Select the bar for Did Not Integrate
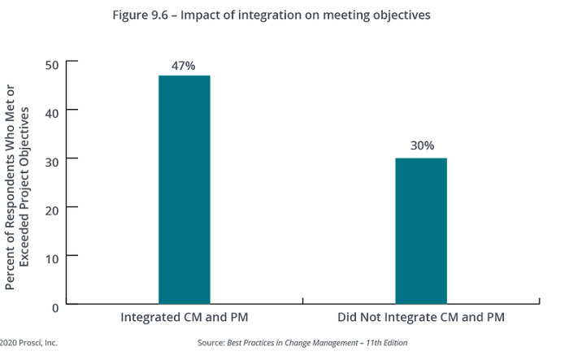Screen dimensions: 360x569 click(421, 231)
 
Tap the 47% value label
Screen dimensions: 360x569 click(184, 66)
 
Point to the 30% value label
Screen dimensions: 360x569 click(421, 145)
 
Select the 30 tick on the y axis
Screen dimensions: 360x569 click(51, 159)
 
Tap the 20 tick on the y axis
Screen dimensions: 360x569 click(51, 208)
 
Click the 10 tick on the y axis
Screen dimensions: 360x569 click(51, 257)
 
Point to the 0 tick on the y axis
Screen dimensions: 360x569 click(54, 306)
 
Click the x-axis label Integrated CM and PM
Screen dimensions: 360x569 click(184, 317)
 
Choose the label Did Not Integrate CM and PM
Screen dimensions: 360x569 click(421, 317)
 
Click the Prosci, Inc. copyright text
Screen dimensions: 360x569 click(28, 343)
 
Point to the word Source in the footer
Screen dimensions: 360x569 click(209, 343)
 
